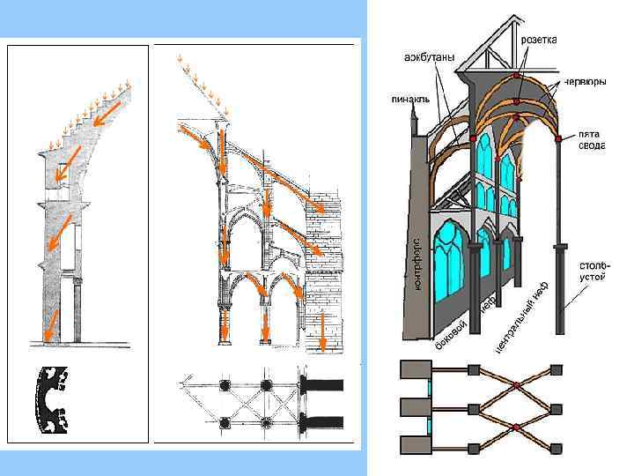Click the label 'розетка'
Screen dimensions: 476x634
pos(539,40)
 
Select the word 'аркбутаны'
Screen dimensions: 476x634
pos(429,58)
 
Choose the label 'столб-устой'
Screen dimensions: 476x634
pos(590,270)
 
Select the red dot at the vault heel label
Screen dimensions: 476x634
pos(558,138)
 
